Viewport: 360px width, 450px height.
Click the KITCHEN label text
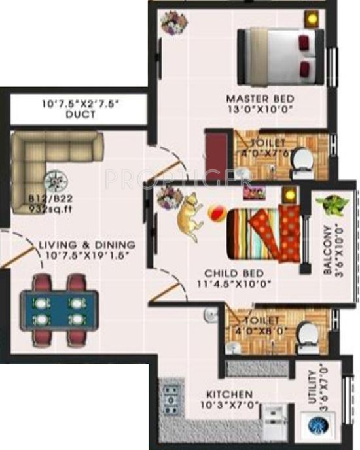(229, 395)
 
